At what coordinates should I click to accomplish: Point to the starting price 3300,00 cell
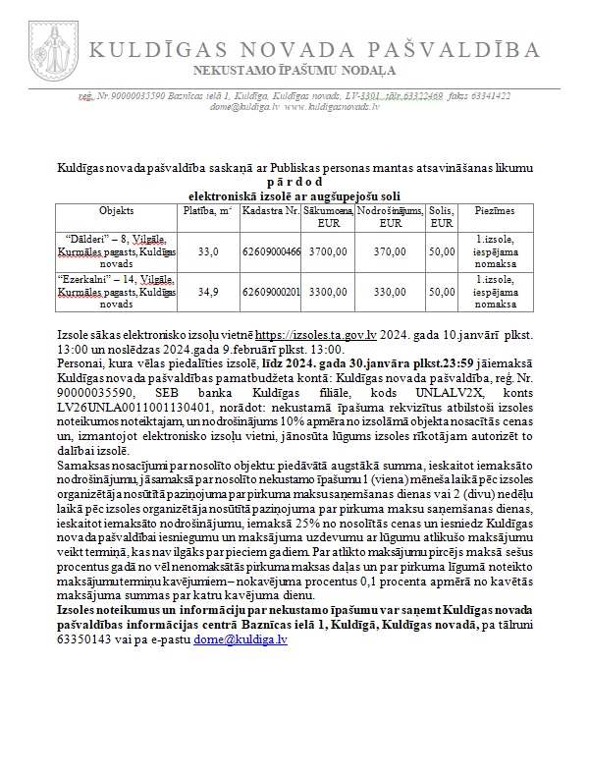point(327,292)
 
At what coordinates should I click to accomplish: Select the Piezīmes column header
point(495,211)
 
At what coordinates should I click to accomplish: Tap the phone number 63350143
point(86,638)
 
